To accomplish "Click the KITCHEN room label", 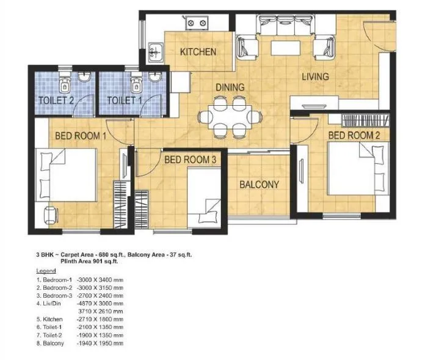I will click(x=198, y=52).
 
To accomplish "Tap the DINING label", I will click(x=230, y=87).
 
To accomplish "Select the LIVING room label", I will click(x=315, y=76).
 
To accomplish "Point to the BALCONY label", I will click(x=259, y=184).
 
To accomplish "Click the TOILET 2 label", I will click(x=56, y=100).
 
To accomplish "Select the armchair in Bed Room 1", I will click(x=48, y=214).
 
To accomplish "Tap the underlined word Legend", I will click(x=46, y=271).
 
